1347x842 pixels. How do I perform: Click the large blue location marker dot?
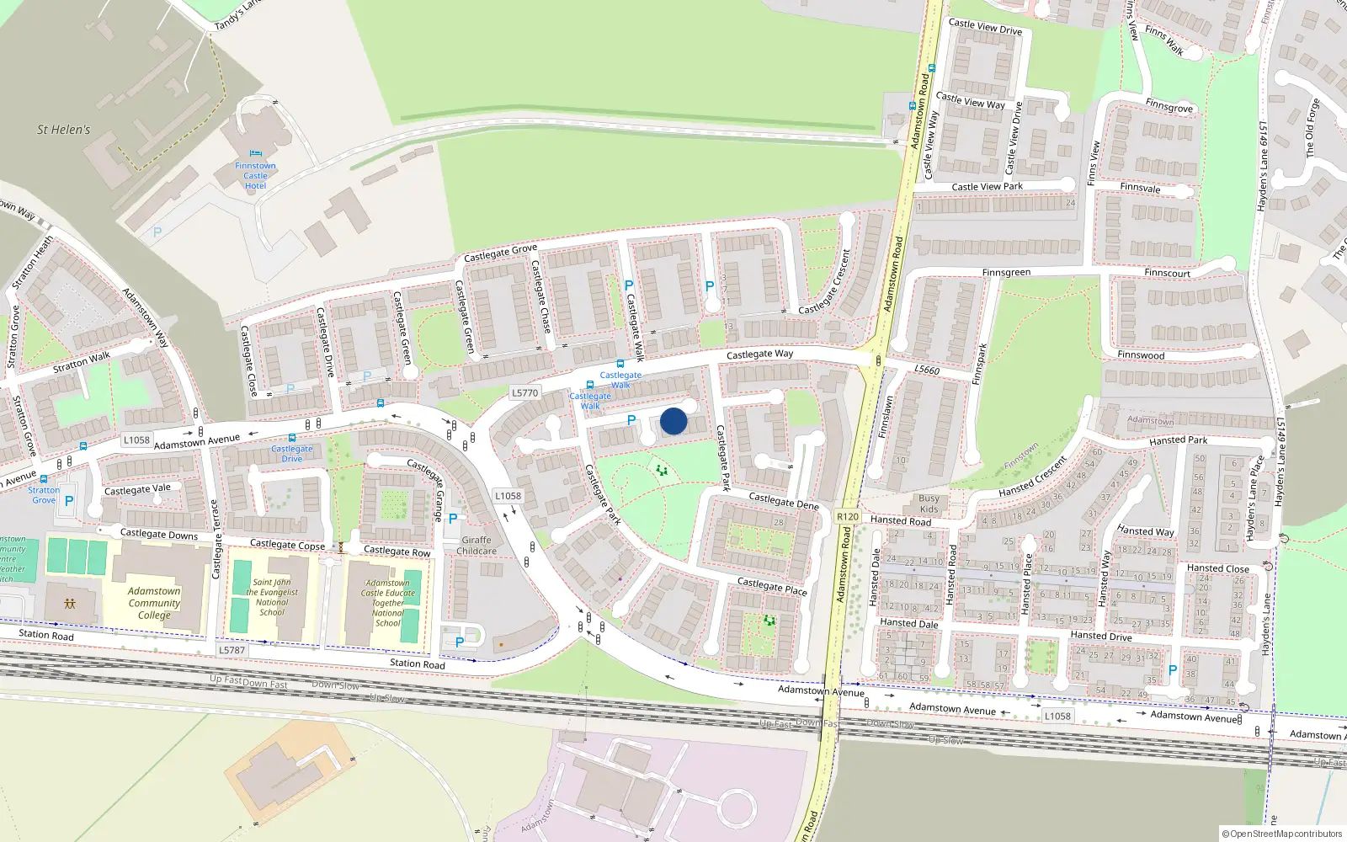pyautogui.click(x=673, y=421)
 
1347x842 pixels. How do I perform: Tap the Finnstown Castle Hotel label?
pyautogui.click(x=255, y=176)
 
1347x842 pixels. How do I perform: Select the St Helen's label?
pyautogui.click(x=63, y=130)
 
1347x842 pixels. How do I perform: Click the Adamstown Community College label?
pyautogui.click(x=154, y=603)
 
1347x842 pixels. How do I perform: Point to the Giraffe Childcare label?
pyautogui.click(x=477, y=546)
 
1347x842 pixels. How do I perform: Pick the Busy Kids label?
pyautogui.click(x=929, y=504)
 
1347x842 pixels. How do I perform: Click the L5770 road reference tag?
pyautogui.click(x=524, y=393)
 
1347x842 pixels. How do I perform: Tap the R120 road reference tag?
pyautogui.click(x=848, y=517)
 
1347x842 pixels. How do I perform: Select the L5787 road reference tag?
pyautogui.click(x=232, y=650)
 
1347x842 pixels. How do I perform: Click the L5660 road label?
pyautogui.click(x=927, y=370)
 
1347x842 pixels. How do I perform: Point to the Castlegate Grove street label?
pyautogui.click(x=500, y=253)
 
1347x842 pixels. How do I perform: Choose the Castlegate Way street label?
pyautogui.click(x=759, y=354)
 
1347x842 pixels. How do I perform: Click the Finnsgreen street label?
pyautogui.click(x=1006, y=273)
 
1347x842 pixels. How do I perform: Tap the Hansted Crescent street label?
pyautogui.click(x=1033, y=477)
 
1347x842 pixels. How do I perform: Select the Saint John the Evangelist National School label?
pyautogui.click(x=272, y=597)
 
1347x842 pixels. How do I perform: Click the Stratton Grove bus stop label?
pyautogui.click(x=44, y=495)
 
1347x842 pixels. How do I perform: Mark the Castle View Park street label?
pyautogui.click(x=987, y=187)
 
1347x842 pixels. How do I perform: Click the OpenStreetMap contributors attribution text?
pyautogui.click(x=1281, y=834)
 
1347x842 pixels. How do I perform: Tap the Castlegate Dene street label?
pyautogui.click(x=784, y=501)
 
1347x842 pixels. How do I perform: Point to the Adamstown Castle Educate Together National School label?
pyautogui.click(x=388, y=603)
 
